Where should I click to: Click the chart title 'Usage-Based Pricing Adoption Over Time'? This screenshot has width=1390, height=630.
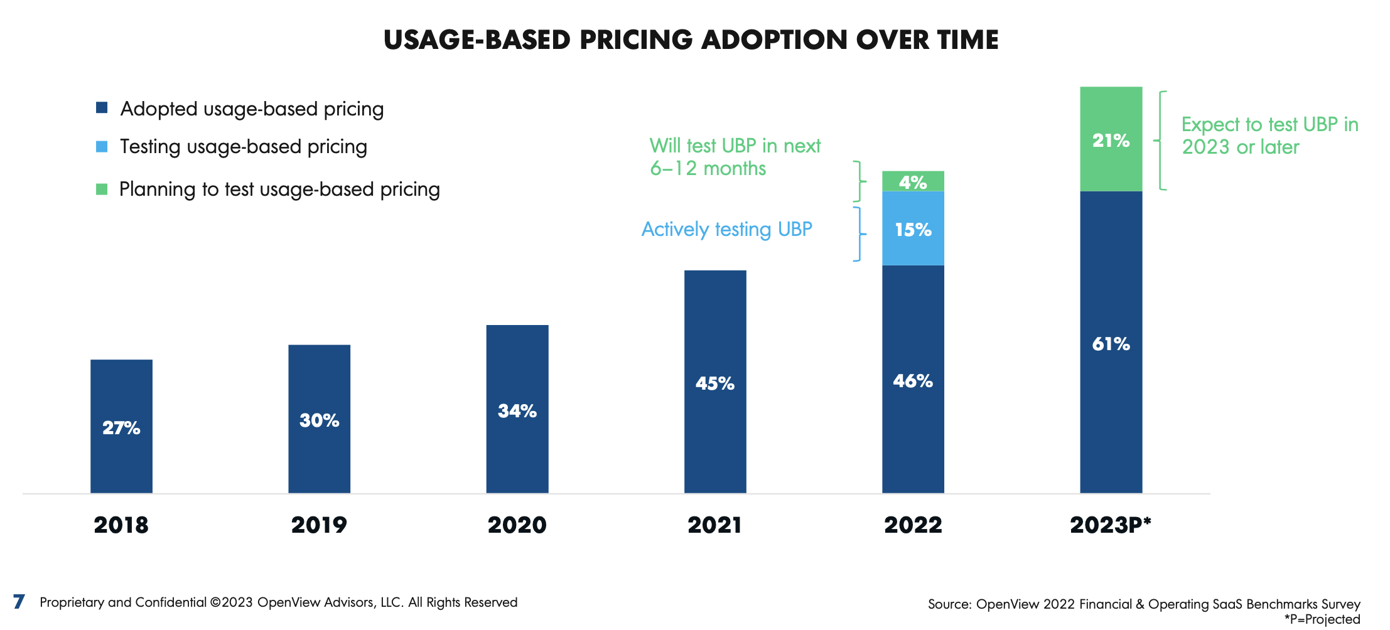tap(691, 40)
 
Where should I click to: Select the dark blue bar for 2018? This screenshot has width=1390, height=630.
tap(121, 426)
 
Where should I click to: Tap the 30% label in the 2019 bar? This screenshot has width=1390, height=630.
tap(319, 420)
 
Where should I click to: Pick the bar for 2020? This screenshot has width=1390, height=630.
tap(517, 409)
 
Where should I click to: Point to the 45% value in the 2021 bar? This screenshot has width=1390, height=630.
tap(715, 383)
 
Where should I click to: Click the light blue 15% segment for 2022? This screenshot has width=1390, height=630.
tap(913, 228)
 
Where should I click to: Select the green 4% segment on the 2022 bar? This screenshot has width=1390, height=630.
tap(913, 181)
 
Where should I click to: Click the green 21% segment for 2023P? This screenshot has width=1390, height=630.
tap(1111, 139)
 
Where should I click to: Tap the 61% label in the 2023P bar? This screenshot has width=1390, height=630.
tap(1111, 344)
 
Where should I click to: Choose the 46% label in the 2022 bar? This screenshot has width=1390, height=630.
tap(913, 381)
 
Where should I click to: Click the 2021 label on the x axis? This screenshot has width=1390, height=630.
tap(715, 525)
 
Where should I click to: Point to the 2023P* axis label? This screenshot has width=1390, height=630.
tap(1111, 525)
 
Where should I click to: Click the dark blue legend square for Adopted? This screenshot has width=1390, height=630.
tap(102, 108)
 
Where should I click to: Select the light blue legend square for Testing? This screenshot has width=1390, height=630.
tap(102, 146)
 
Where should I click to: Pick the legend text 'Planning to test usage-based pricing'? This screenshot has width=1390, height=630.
tap(280, 190)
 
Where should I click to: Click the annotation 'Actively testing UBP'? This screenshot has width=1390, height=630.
tap(726, 230)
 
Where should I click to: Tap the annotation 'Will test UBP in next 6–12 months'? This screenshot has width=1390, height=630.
tap(735, 157)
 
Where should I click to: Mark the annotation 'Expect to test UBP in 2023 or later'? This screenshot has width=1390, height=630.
tap(1269, 136)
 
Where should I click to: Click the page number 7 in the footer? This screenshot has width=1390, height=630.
tap(19, 602)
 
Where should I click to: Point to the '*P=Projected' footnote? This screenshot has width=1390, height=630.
tap(1322, 619)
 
